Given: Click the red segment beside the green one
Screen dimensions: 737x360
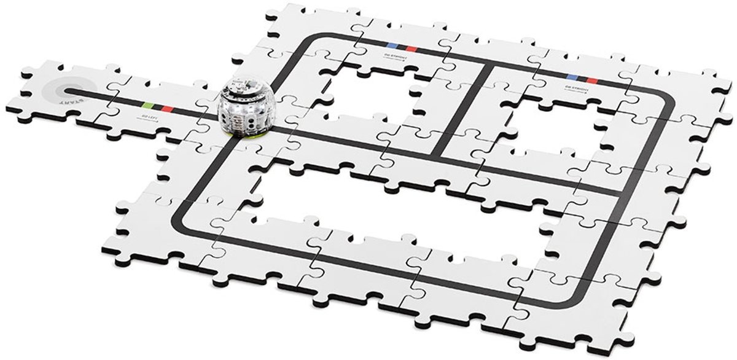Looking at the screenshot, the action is click(x=166, y=108).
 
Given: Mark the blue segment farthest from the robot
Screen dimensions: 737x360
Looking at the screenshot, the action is click(x=572, y=77).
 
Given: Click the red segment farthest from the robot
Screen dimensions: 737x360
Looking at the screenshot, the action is click(x=591, y=80).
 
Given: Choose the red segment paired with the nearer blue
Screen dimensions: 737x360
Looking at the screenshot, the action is click(x=410, y=48).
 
